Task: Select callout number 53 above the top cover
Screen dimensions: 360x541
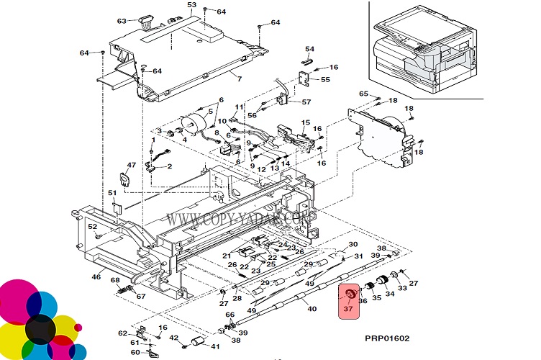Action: click(191, 6)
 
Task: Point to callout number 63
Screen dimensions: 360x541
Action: click(122, 20)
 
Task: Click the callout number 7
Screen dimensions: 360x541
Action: click(239, 78)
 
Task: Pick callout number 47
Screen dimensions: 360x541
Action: click(131, 166)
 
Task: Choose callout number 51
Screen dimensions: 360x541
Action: click(112, 193)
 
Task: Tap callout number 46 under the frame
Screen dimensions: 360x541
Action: click(96, 276)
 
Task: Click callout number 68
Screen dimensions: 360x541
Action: click(114, 280)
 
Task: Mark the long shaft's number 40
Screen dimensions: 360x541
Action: click(312, 310)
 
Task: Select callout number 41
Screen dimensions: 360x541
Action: click(215, 346)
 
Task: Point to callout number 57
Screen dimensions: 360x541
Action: click(306, 102)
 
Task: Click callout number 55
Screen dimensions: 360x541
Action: click(325, 79)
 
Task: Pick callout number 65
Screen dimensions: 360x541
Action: click(363, 94)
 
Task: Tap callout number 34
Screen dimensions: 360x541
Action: click(389, 293)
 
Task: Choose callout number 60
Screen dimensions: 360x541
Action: click(135, 352)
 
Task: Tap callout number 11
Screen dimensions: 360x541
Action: click(240, 107)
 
